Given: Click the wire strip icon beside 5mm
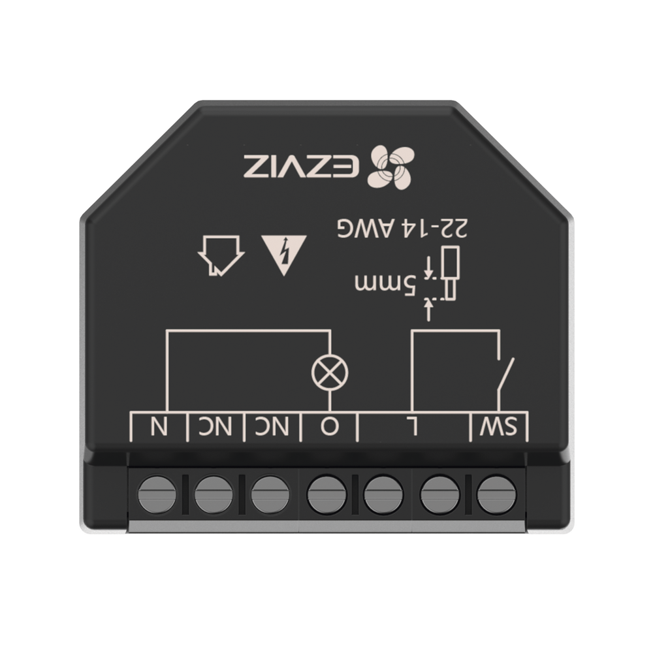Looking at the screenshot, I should coord(446,274).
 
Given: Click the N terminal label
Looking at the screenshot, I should coord(158,427).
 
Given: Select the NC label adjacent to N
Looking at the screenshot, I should coord(214,427).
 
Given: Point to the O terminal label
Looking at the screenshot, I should coord(328,427).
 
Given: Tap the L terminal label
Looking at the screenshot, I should coord(413,427).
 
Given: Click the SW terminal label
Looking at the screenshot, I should coord(500,427).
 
